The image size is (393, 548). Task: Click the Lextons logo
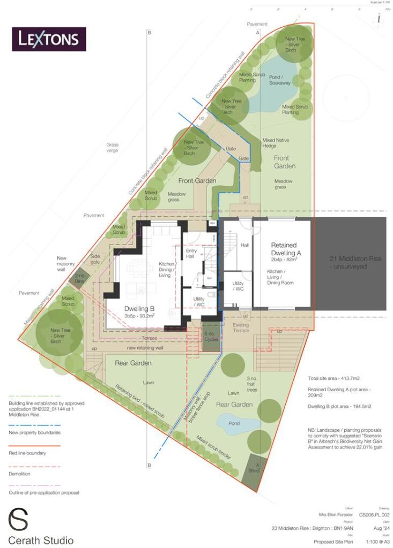coord(49,39)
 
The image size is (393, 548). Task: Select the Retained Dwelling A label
coord(283,250)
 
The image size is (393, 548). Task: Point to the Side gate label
coord(95,259)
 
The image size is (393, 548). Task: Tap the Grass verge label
coord(112,148)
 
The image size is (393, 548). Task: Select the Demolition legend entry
coord(19,474)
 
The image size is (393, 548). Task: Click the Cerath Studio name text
coord(41,540)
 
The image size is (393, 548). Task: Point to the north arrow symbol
coord(379,18)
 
